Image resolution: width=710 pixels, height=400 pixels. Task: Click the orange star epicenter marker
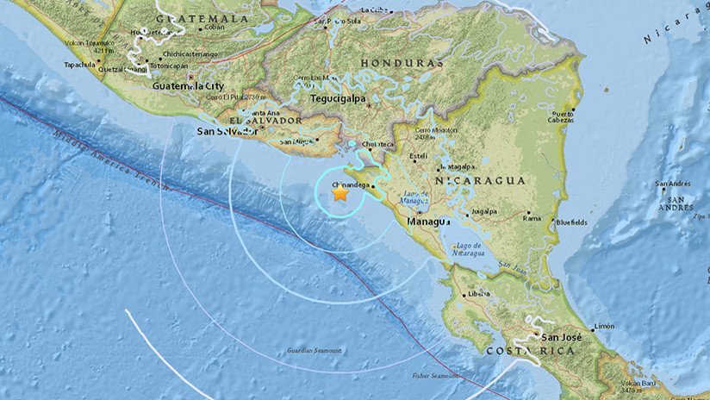click(x=340, y=195)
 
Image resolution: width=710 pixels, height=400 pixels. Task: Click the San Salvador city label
click(x=227, y=131)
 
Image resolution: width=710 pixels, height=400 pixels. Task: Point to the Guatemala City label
click(x=189, y=86)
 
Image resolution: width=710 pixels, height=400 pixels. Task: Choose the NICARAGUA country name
click(x=480, y=180)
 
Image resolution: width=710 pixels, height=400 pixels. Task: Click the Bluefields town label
click(x=572, y=222)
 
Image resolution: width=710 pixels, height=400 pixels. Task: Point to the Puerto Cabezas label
click(x=563, y=117)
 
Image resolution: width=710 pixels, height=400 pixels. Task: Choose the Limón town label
click(x=604, y=326)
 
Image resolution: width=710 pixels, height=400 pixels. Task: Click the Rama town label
click(x=532, y=218)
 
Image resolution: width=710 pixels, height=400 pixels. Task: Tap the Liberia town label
click(x=478, y=294)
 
